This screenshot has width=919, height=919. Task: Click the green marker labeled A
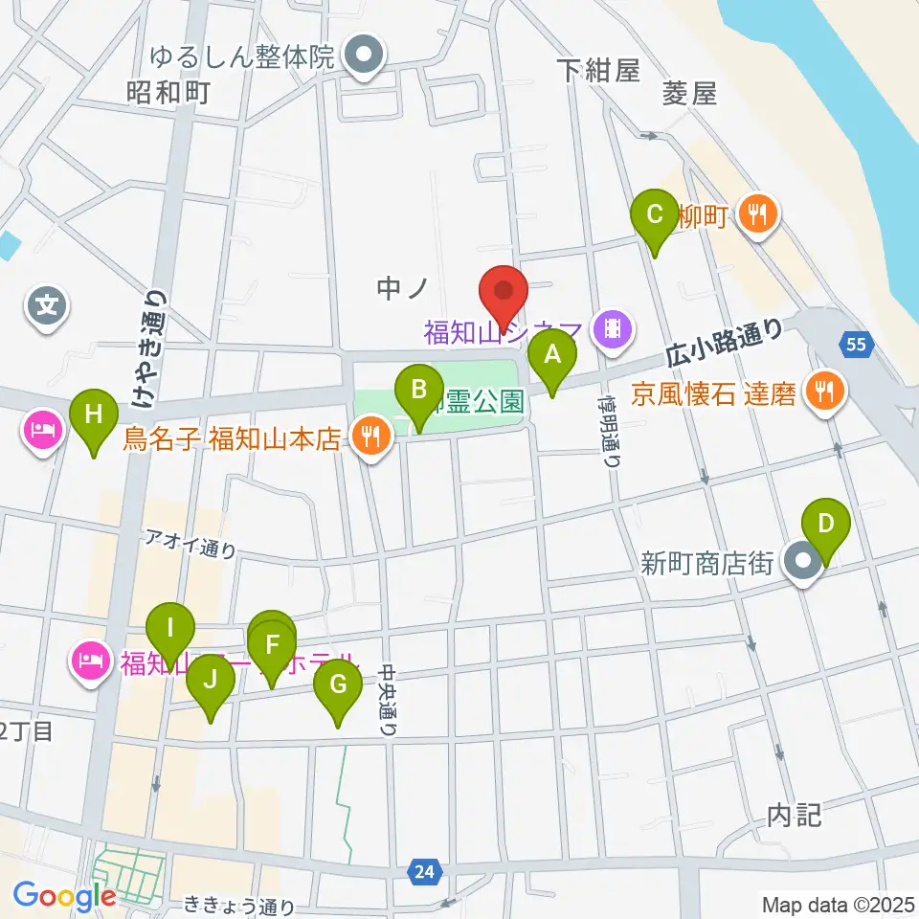pos(552,358)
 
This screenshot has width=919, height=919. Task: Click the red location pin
pos(504,291)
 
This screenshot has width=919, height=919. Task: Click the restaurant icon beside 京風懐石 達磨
pos(821,391)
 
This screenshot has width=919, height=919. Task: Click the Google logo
pos(64,896)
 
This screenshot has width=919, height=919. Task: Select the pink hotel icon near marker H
pos(44,432)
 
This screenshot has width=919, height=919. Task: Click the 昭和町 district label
pos(168,93)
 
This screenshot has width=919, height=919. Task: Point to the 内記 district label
pos(795,816)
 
